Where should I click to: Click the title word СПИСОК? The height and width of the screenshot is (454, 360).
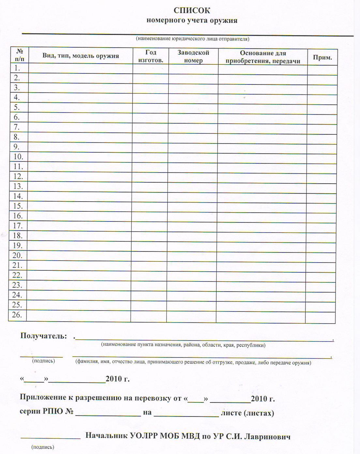click(x=192, y=10)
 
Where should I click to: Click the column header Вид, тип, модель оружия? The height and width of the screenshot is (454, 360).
click(x=81, y=56)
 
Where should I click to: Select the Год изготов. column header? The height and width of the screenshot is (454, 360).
click(x=151, y=56)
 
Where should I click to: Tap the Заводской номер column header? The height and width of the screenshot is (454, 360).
click(x=193, y=56)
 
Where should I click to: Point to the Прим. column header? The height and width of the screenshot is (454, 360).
click(x=322, y=58)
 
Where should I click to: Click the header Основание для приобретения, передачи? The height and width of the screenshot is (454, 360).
click(x=263, y=57)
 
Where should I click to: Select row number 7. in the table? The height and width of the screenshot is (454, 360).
click(x=17, y=127)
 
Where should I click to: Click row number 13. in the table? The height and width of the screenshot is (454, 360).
click(x=18, y=186)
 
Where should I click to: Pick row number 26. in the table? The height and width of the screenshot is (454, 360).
click(x=17, y=315)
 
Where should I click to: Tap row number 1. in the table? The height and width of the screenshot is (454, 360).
click(x=17, y=68)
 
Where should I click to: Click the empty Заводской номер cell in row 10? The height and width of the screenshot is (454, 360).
click(x=193, y=157)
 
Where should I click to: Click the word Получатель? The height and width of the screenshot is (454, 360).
click(x=44, y=336)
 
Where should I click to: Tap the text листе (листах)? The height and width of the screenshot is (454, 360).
click(x=247, y=413)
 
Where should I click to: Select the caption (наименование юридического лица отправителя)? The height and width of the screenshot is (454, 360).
click(x=192, y=39)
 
